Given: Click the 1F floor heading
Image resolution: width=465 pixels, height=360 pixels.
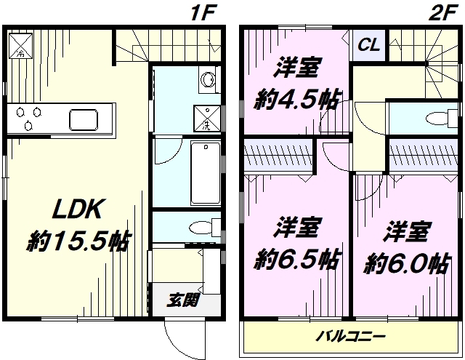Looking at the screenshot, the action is [x=203, y=13].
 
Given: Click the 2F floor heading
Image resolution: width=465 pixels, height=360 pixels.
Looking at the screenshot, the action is [x=442, y=13].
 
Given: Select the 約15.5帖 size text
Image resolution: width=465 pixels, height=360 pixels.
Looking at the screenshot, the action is [x=78, y=241].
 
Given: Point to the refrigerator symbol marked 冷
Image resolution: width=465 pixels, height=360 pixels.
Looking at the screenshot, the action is [x=20, y=46].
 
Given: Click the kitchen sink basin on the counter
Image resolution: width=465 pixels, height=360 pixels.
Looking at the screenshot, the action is [x=84, y=119].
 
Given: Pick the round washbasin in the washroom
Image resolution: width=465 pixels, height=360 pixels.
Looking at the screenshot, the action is [x=207, y=79].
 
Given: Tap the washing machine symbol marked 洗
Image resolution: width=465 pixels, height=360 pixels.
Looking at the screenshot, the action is [x=207, y=118].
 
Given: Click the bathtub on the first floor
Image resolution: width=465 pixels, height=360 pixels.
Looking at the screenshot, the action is [x=206, y=173].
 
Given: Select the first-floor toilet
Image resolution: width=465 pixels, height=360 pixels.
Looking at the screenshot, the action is [x=205, y=228].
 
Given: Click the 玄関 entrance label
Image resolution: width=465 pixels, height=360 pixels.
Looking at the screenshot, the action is [x=182, y=300].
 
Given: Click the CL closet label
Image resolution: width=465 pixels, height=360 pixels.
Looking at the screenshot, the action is [x=369, y=45].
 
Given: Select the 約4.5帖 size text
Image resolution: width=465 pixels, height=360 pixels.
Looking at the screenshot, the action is [x=296, y=100].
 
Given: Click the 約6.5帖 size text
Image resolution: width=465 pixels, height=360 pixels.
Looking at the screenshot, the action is [x=296, y=260].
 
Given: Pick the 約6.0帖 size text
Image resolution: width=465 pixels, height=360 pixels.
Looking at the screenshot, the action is [x=406, y=263].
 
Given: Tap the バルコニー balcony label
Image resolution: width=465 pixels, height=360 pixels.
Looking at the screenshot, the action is [x=350, y=336].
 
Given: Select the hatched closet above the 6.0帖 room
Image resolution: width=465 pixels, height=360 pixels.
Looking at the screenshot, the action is [x=424, y=155].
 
